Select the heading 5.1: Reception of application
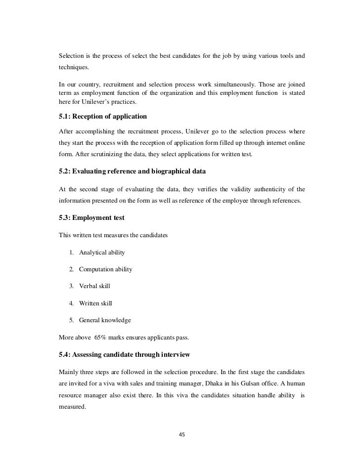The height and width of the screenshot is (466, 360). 103,117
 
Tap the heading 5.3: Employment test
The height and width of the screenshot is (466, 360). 91,218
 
